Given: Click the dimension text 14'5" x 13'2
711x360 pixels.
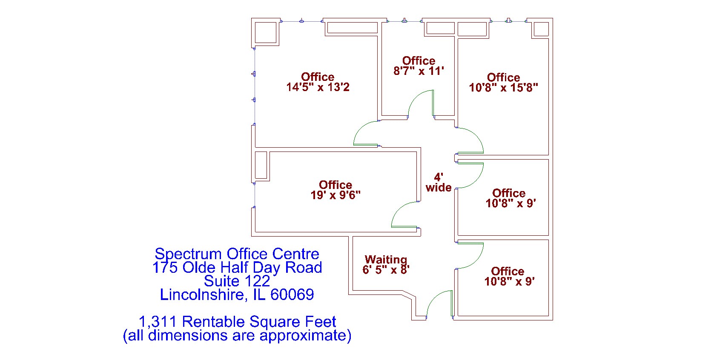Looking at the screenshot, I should (318, 88).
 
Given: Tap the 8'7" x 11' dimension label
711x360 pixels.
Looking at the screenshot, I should (419, 71).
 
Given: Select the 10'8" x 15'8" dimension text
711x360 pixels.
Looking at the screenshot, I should (503, 88).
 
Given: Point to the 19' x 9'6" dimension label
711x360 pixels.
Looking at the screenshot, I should (335, 195).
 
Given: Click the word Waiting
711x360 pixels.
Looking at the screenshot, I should (386, 260).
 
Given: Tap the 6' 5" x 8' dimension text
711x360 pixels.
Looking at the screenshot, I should (386, 270).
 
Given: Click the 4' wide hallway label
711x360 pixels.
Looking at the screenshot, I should (439, 182).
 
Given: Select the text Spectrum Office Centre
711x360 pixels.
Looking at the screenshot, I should (237, 254).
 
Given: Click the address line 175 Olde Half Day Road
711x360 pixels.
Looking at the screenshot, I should (237, 268).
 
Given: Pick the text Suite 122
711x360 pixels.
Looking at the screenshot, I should (237, 281).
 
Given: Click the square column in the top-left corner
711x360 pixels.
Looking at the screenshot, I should (267, 32).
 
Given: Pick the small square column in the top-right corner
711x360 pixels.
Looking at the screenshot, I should (541, 29).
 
